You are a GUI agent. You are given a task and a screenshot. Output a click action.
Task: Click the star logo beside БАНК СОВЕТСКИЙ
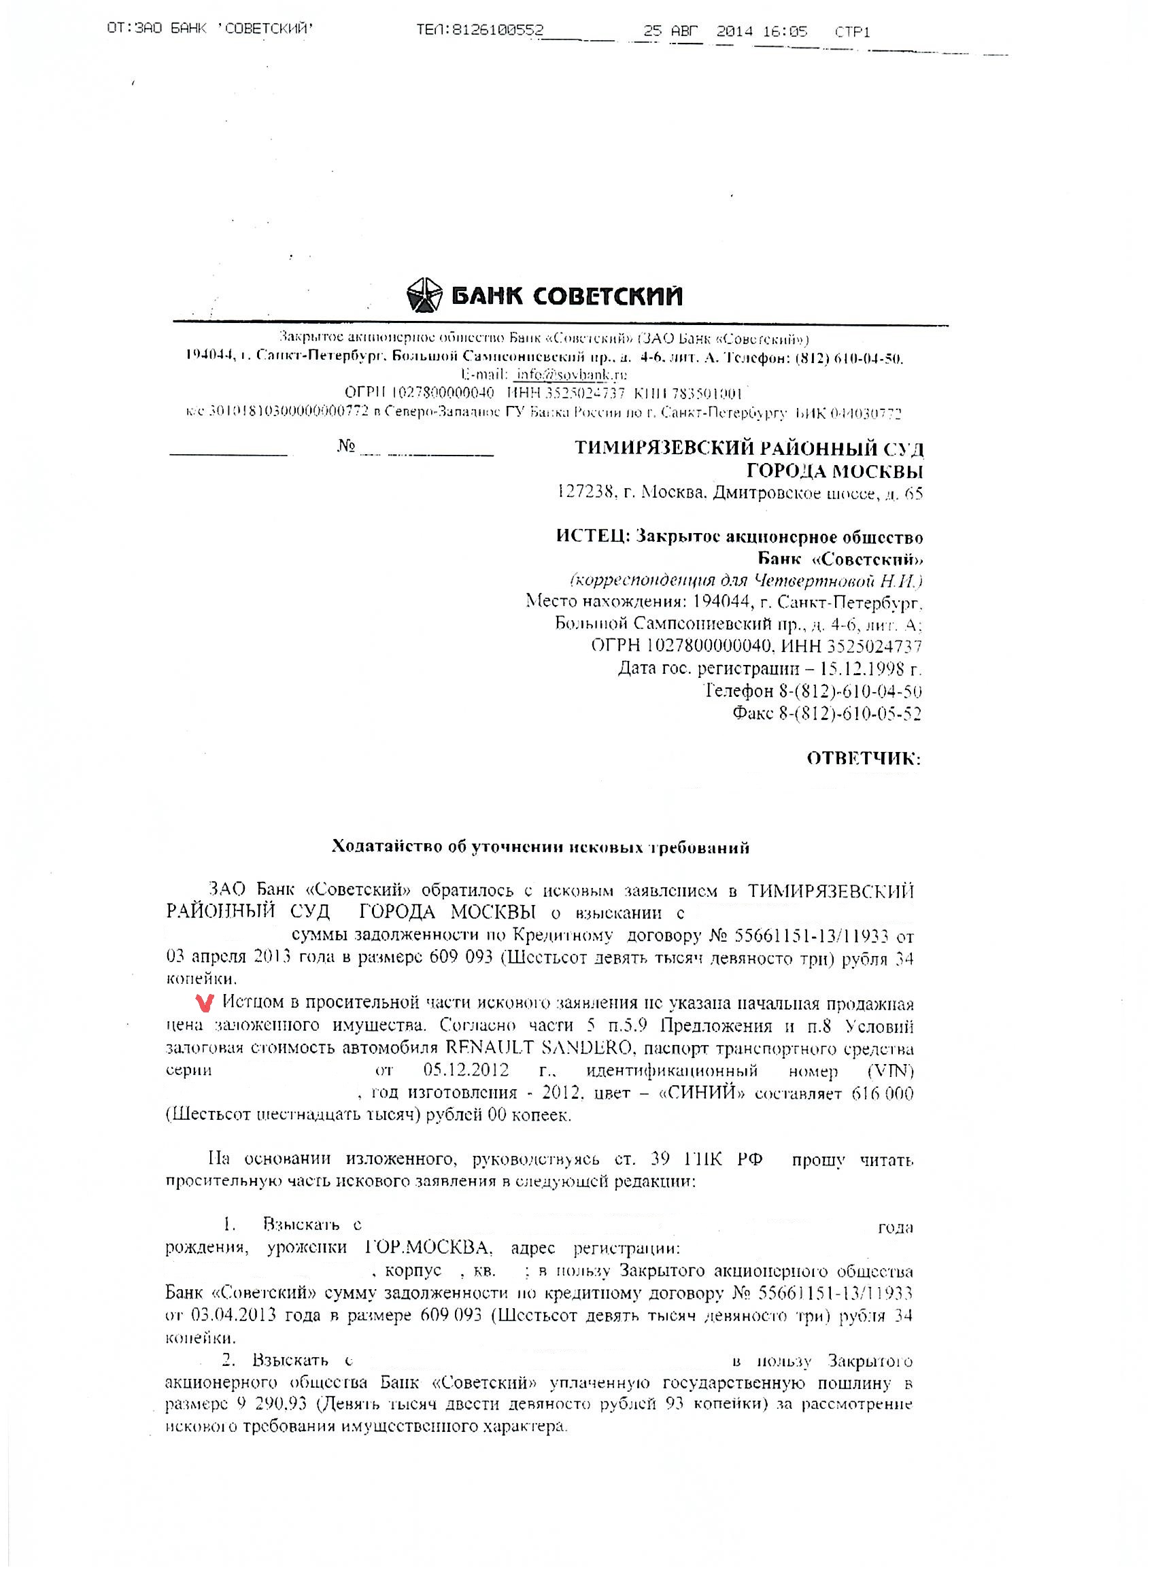coord(424,294)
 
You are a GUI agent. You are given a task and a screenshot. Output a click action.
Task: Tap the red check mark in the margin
coord(205,1004)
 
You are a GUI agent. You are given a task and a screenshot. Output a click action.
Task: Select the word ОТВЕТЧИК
coord(863,758)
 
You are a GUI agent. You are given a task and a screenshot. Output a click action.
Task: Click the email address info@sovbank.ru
coord(571,375)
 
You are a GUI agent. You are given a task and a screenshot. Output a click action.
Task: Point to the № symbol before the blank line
coord(346,447)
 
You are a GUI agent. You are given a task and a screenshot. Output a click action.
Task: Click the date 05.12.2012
coord(466,1071)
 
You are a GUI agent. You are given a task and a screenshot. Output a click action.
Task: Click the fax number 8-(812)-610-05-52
coord(850,714)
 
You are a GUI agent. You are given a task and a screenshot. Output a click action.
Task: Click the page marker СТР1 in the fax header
coord(852,31)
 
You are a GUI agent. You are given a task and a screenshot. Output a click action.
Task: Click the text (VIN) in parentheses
coord(890,1071)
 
